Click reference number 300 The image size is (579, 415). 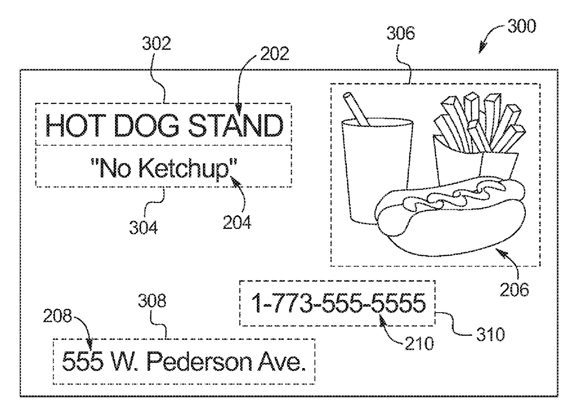522,26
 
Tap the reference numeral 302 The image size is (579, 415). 157,43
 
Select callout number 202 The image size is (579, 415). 275,54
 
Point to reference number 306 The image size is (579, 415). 401,33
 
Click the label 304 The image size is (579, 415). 144,228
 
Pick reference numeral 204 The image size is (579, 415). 237,222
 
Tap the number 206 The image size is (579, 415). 514,289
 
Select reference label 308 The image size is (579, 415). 152,301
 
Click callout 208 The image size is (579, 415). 57,316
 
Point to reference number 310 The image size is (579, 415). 490,334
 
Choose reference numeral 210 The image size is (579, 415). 419,344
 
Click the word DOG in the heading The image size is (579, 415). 146,126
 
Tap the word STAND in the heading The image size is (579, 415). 236,126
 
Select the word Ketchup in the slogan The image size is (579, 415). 185,168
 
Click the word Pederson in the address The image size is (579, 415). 200,361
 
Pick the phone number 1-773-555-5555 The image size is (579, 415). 339,303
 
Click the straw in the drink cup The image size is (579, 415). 356,109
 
